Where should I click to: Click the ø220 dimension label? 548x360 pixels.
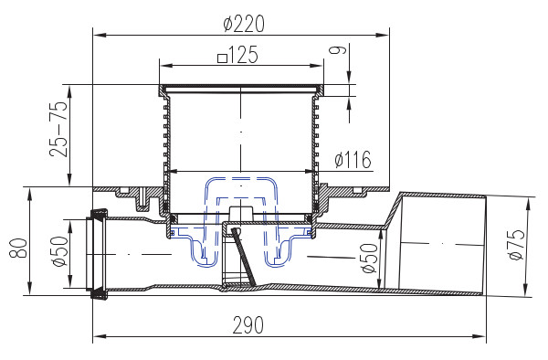pos(244,24)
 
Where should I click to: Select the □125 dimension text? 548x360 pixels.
pos(237,55)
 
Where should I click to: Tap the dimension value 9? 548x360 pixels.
pos(338,49)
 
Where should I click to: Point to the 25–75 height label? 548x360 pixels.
pos(58,129)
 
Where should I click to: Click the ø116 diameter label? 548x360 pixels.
pos(353,159)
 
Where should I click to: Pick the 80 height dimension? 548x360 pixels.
pos(18,249)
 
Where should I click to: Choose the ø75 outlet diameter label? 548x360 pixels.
pos(516,244)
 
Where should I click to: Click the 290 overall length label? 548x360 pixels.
pos(248,325)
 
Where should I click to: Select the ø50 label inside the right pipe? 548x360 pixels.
pos(370,259)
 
